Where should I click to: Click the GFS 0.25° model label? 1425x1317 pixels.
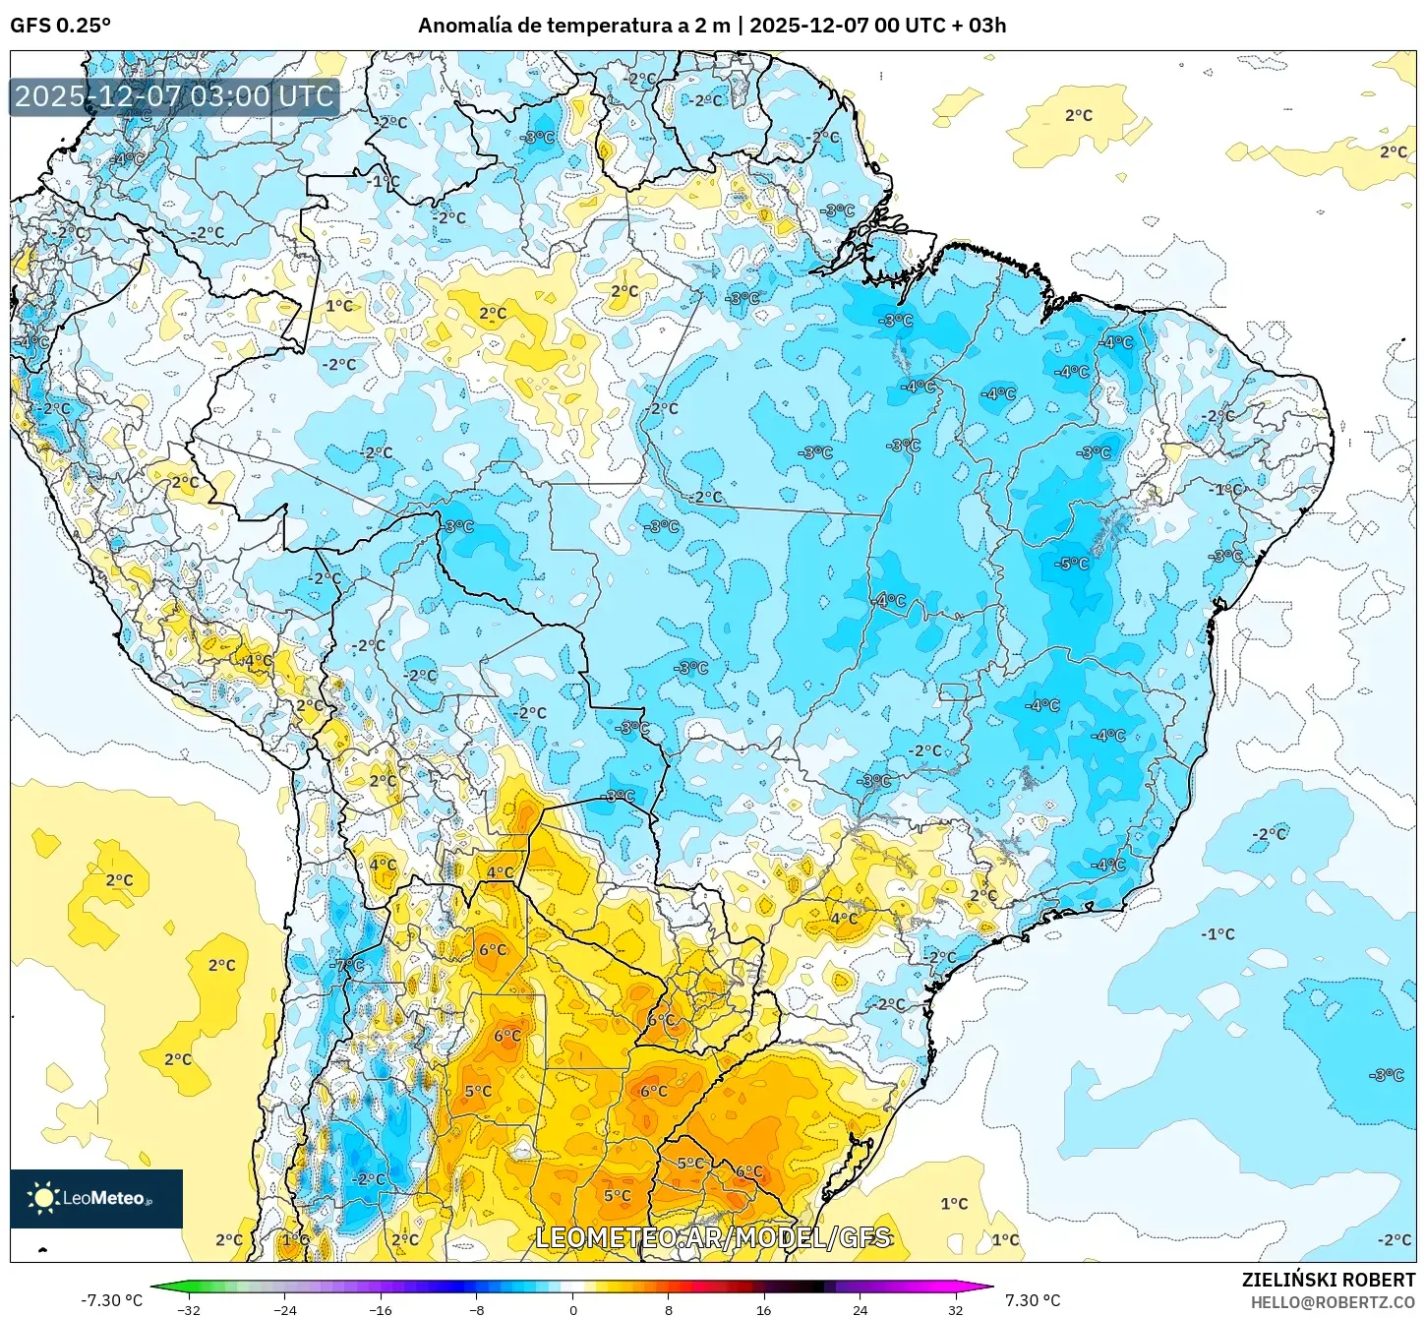click(x=60, y=26)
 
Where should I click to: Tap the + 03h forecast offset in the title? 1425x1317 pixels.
click(x=979, y=26)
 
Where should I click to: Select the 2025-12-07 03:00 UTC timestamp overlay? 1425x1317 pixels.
click(x=174, y=96)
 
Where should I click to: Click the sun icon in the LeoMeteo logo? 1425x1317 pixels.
click(x=43, y=1197)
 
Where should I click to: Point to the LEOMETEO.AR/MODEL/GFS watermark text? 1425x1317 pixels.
click(x=713, y=1237)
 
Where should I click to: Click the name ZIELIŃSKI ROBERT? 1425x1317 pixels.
click(x=1328, y=1280)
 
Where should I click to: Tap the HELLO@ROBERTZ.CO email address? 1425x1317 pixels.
click(x=1333, y=1301)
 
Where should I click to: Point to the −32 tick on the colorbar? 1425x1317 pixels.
click(x=189, y=1309)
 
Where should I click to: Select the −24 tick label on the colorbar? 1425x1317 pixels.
click(x=284, y=1309)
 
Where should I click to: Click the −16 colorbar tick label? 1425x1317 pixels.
click(x=381, y=1309)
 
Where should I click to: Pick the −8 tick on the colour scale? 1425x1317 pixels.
click(x=477, y=1309)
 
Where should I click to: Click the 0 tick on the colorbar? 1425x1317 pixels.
click(x=573, y=1309)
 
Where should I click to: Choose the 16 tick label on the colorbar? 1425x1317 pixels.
click(x=764, y=1309)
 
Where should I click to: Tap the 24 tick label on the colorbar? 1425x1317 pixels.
click(x=860, y=1309)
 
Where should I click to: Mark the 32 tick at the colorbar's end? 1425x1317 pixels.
click(x=955, y=1309)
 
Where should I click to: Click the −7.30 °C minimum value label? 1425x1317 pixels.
click(x=111, y=1300)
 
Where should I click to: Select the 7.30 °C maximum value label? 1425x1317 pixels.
click(x=1033, y=1300)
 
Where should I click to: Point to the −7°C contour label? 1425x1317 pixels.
click(x=348, y=965)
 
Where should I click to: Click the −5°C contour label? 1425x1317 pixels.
click(x=1071, y=564)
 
